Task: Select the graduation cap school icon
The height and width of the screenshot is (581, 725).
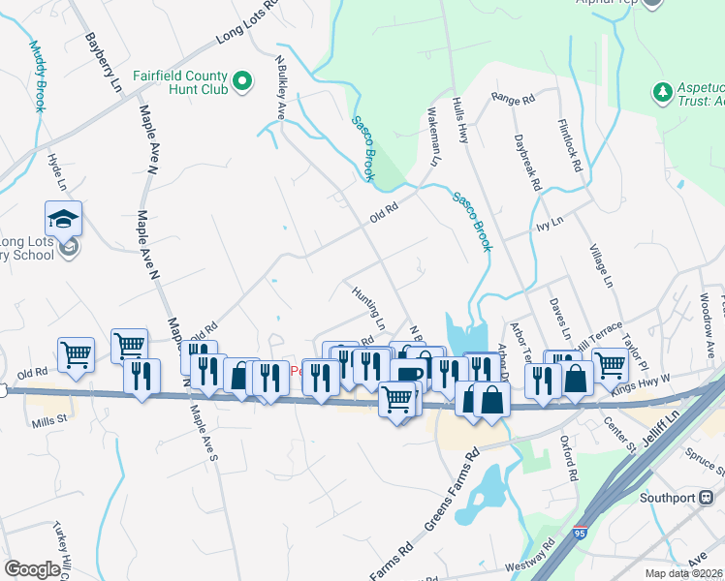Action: [64, 220]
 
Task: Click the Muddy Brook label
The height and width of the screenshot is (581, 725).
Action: [38, 76]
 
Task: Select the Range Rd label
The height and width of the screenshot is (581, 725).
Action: [514, 98]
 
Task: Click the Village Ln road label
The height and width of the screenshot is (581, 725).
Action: [601, 265]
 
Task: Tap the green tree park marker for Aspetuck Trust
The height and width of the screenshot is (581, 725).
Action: [663, 92]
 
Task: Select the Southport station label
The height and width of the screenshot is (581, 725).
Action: [668, 499]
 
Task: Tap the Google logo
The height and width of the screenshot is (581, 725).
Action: [32, 568]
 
